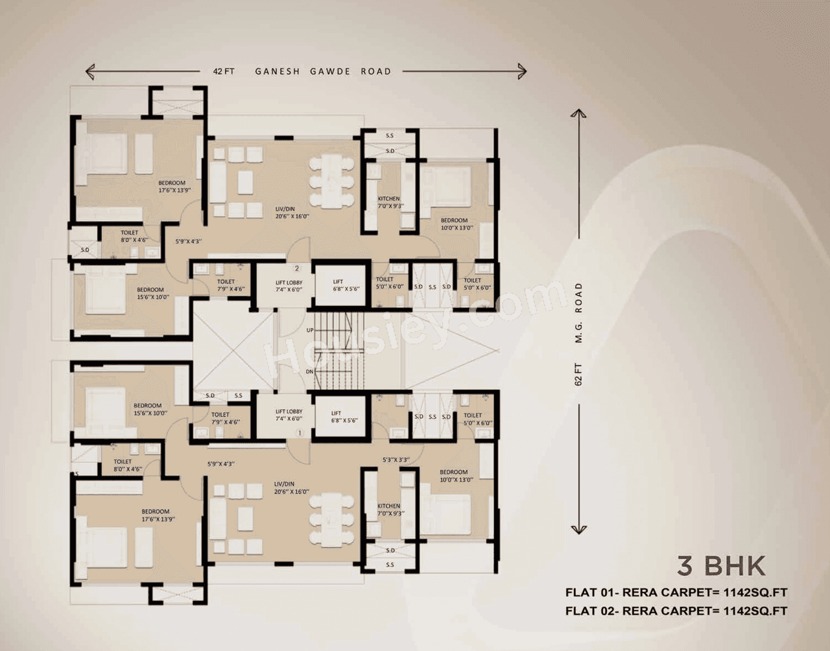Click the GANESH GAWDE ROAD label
click(x=323, y=71)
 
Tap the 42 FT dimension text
click(x=224, y=71)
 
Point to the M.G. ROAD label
click(x=578, y=313)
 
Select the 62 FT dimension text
click(x=578, y=374)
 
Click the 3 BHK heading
click(x=721, y=566)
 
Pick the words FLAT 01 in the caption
click(x=591, y=592)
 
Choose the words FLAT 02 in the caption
click(x=591, y=611)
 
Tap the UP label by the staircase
click(x=310, y=330)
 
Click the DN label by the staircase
click(x=310, y=372)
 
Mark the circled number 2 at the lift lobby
click(x=297, y=268)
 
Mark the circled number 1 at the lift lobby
click(x=299, y=432)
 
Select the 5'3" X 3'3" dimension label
click(x=396, y=460)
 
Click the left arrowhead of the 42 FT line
click(x=89, y=71)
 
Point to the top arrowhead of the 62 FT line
click(x=578, y=113)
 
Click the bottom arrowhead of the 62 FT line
click(x=578, y=530)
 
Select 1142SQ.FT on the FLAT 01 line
click(x=755, y=592)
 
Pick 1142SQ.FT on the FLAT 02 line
click(x=755, y=611)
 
